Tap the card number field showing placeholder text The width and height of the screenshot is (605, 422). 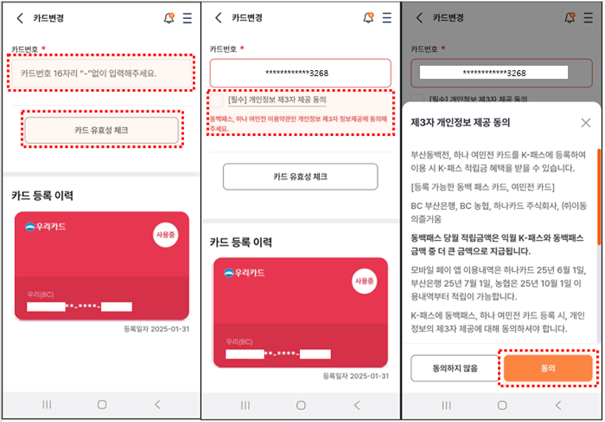[x=102, y=74]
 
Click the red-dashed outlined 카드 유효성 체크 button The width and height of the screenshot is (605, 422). [x=102, y=130]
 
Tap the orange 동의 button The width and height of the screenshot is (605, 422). [x=548, y=368]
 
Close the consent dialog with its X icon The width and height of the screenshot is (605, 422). [x=585, y=122]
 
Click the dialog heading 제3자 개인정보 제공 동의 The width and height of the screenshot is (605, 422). [x=460, y=122]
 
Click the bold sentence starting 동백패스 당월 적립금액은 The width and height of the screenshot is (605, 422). [x=499, y=244]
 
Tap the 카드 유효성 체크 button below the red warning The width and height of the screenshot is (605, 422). [x=300, y=176]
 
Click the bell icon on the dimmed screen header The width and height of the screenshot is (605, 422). [x=568, y=17]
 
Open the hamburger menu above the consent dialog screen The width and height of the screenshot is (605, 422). [x=588, y=17]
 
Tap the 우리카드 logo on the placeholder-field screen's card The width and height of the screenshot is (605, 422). [x=45, y=226]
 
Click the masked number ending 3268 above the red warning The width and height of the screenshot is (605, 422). [x=300, y=73]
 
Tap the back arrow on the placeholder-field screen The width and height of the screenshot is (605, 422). [x=19, y=17]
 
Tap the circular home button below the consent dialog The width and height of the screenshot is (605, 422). [x=502, y=405]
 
